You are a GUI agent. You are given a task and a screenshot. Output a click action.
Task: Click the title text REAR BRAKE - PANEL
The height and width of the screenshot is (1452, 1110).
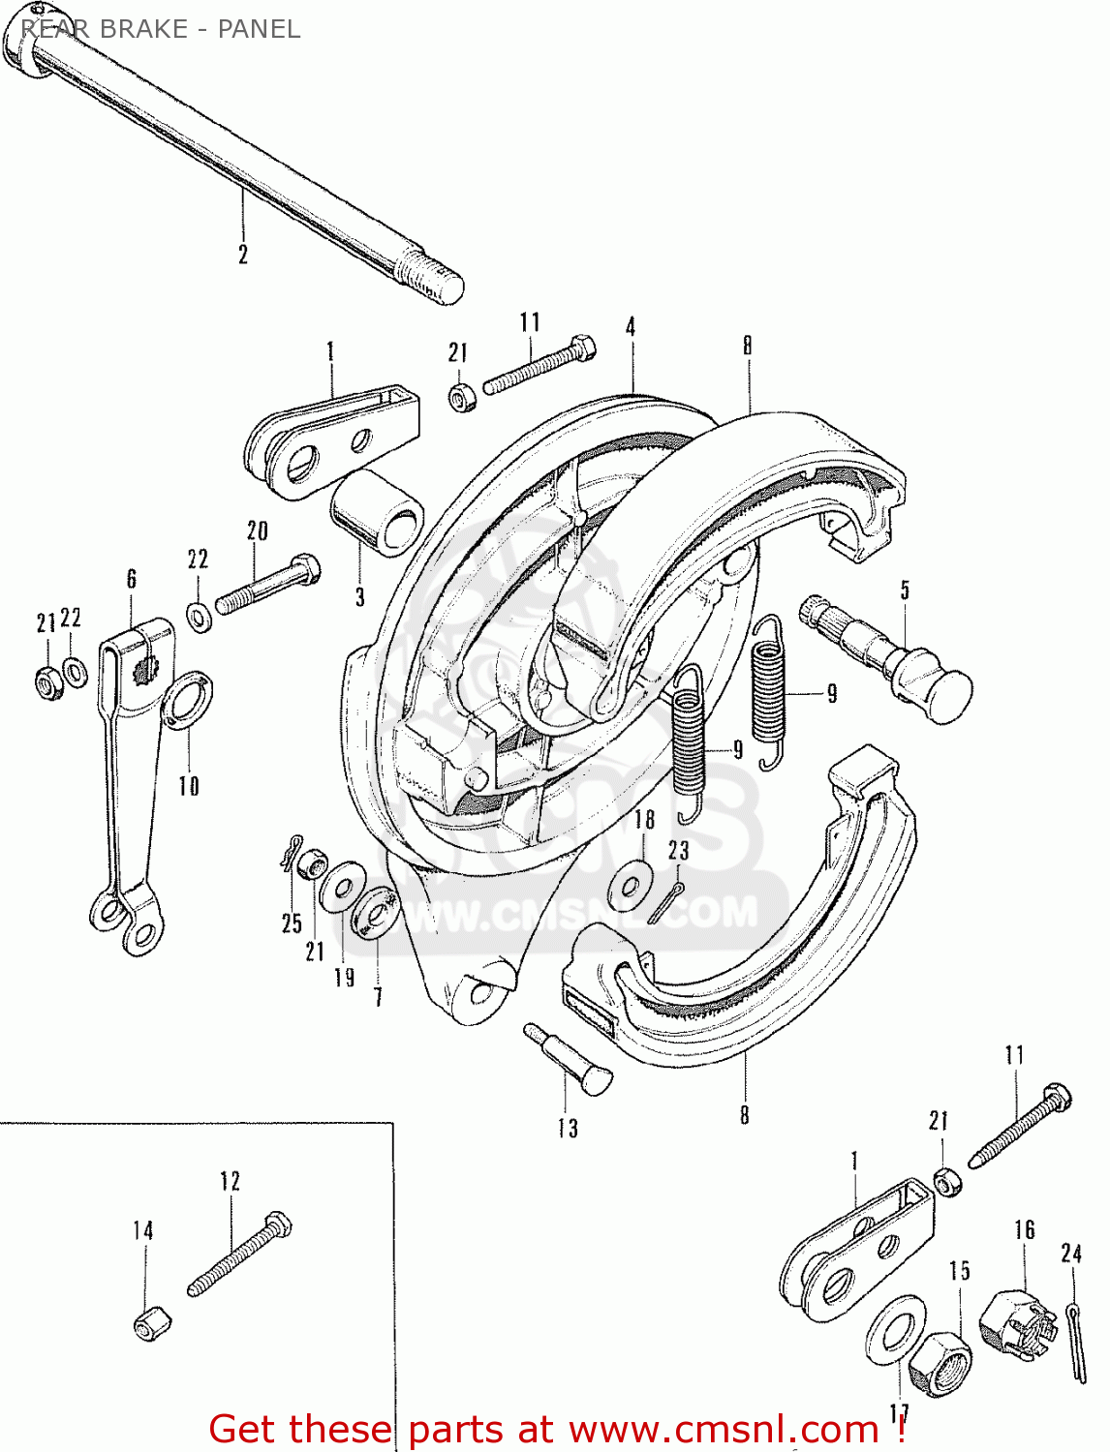pyautogui.click(x=160, y=29)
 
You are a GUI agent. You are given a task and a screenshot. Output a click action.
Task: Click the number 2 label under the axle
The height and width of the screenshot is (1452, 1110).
pyautogui.click(x=242, y=254)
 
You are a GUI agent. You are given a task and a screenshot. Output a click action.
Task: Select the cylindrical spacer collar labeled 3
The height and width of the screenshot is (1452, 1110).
pyautogui.click(x=378, y=513)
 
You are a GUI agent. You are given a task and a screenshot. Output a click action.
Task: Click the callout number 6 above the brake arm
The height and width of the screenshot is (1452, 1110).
pyautogui.click(x=132, y=579)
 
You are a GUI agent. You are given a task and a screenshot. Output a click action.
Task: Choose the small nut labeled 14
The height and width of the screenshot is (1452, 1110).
pyautogui.click(x=152, y=1323)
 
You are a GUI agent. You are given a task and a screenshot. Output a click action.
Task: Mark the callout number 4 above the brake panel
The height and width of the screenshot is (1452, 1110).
pyautogui.click(x=631, y=326)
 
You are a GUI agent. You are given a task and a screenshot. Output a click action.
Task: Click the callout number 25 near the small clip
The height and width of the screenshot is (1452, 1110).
pyautogui.click(x=292, y=923)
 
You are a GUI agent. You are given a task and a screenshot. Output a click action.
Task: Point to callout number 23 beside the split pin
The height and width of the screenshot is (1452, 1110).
pyautogui.click(x=678, y=851)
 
